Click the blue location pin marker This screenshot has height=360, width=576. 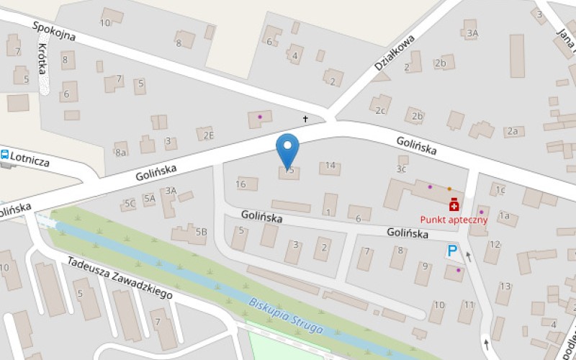pyautogui.click(x=288, y=150)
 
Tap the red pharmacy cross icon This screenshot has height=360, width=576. pyautogui.click(x=454, y=205)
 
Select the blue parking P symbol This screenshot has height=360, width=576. pyautogui.click(x=452, y=251)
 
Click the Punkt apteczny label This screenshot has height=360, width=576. pyautogui.click(x=454, y=220)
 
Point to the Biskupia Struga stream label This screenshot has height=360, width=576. pyautogui.click(x=286, y=315)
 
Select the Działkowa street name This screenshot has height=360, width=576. pyautogui.click(x=395, y=55)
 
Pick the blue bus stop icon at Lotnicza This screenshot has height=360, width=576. pyautogui.click(x=4, y=154)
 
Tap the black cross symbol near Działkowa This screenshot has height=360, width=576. pyautogui.click(x=305, y=119)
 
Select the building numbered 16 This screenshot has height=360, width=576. pyautogui.click(x=241, y=184)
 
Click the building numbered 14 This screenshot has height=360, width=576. pyautogui.click(x=330, y=166)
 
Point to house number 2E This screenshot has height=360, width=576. pyautogui.click(x=207, y=135)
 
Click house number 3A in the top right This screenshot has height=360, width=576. pyautogui.click(x=472, y=33)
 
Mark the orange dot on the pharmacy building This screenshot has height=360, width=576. pyautogui.click(x=449, y=189)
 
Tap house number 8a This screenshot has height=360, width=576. pyautogui.click(x=121, y=152)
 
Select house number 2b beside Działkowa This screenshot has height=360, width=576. pyautogui.click(x=441, y=63)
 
